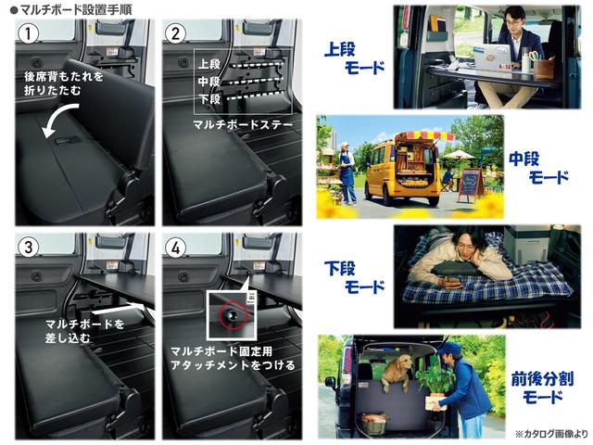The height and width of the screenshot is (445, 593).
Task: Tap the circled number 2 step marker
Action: [x=172, y=35]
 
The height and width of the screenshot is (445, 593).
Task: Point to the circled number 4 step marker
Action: [x=172, y=248]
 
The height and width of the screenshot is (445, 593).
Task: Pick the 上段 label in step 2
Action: [x=209, y=65]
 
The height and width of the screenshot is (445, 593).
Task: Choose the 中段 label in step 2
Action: [x=209, y=82]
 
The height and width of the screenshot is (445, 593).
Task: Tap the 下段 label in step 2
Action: [x=209, y=98]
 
